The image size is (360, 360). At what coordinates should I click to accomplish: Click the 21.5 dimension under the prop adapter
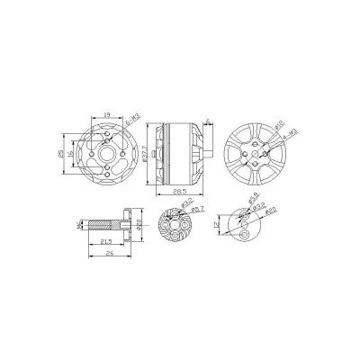coord(105,244)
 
